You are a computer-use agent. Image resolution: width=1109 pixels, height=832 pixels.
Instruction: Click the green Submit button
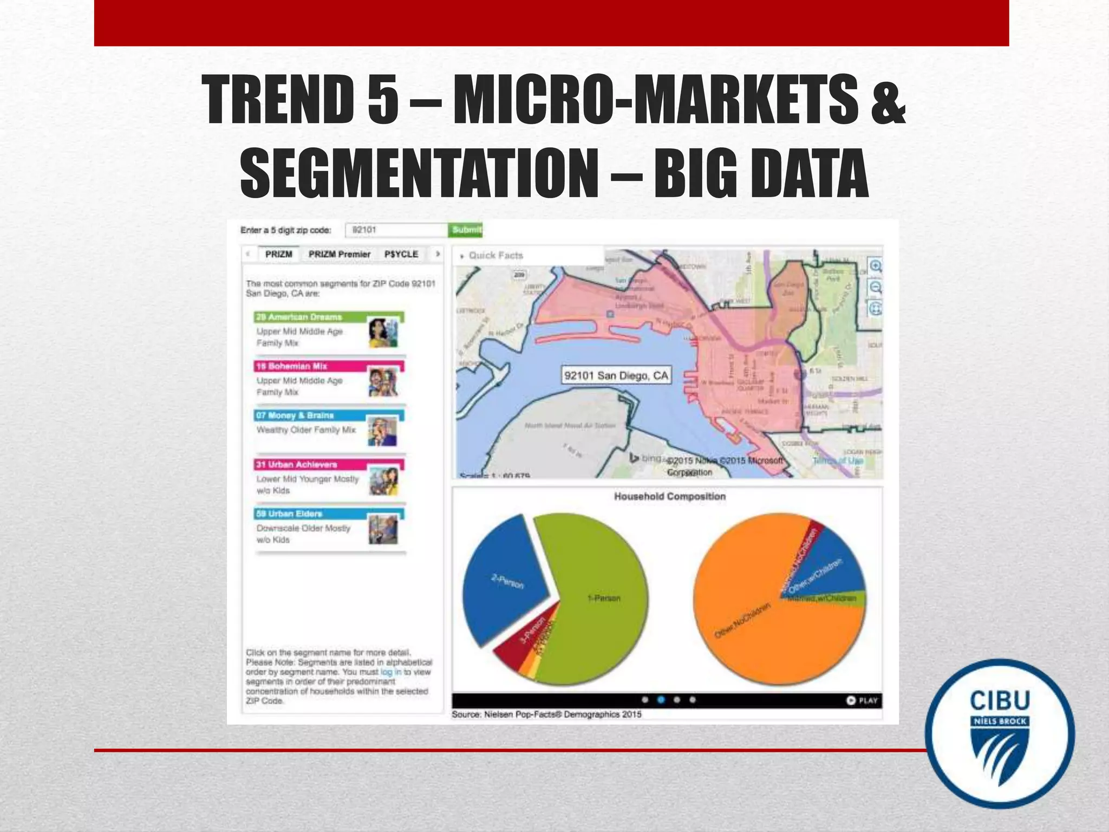click(x=466, y=230)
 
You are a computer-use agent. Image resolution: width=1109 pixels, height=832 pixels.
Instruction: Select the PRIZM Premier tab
click(x=339, y=254)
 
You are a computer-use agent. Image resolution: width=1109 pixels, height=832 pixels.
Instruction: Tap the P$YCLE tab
click(x=401, y=254)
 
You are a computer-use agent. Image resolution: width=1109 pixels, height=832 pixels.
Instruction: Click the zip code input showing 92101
click(x=396, y=230)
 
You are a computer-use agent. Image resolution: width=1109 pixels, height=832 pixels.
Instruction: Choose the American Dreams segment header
click(x=299, y=317)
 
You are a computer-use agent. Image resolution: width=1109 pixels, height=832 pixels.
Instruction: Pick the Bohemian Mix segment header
click(x=291, y=366)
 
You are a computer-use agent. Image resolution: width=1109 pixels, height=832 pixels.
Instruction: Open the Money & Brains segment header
click(x=295, y=415)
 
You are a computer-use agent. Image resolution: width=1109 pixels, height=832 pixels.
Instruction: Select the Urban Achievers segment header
click(x=297, y=465)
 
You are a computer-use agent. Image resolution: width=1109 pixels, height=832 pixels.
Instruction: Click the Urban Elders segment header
click(x=289, y=513)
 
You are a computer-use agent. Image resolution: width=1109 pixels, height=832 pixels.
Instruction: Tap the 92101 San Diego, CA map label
click(x=616, y=375)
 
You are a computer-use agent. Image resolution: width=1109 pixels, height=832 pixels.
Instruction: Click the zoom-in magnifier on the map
click(x=875, y=266)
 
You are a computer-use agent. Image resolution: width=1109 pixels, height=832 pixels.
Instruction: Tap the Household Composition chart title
click(x=669, y=496)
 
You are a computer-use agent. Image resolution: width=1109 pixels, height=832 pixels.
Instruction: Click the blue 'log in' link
click(x=390, y=672)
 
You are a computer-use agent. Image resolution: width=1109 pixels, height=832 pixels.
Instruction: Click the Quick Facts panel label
click(x=495, y=255)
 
